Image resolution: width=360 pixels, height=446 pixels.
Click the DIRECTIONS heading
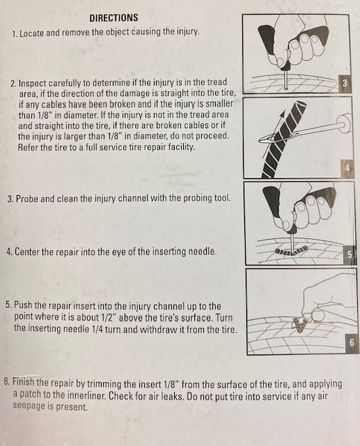[114, 18]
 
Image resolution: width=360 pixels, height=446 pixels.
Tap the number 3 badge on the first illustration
[345, 84]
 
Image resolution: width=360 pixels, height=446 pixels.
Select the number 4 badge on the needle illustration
[347, 169]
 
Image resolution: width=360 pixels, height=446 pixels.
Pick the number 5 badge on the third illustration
[349, 254]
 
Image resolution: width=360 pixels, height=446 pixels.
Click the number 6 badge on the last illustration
[352, 343]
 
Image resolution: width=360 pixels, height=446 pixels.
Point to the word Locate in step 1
[32, 33]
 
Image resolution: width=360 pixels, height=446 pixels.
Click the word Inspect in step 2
[33, 84]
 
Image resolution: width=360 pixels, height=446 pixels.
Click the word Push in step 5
[22, 306]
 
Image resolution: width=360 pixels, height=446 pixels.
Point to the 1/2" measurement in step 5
[108, 317]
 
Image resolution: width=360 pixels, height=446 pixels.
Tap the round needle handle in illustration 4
[345, 124]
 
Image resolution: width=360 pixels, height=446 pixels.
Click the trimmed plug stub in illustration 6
[299, 325]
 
